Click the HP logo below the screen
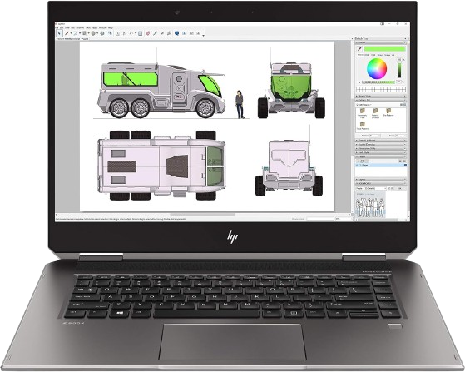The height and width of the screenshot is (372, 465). click(232, 237)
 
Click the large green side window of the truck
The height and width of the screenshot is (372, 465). click(126, 79)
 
